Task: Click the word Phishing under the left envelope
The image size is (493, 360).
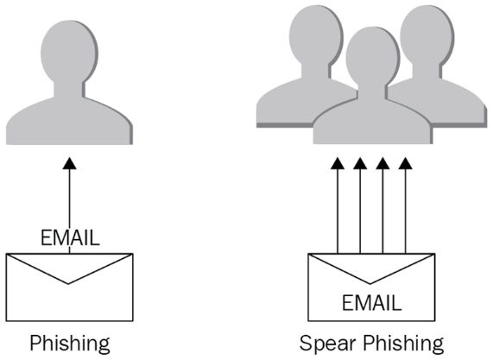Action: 70,344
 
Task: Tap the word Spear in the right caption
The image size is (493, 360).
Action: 327,344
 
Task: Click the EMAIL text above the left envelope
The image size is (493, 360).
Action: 70,237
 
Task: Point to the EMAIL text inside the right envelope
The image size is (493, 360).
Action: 371,303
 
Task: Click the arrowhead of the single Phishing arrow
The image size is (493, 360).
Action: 69,163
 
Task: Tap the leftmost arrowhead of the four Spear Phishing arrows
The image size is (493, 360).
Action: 338,163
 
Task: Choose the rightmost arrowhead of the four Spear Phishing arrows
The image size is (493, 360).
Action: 406,163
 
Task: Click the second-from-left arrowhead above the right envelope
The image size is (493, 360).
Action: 360,163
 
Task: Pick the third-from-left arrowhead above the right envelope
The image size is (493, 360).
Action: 383,163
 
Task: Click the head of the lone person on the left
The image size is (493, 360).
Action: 69,52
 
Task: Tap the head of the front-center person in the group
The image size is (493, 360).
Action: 373,57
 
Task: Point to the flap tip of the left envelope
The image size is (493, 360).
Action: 68,284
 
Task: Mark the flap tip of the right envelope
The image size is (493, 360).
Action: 370,284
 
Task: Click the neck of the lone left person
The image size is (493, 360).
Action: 69,90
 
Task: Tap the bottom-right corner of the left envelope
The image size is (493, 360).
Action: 133,321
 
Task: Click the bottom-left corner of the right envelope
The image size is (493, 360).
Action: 308,321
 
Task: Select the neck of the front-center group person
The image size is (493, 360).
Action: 373,92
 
